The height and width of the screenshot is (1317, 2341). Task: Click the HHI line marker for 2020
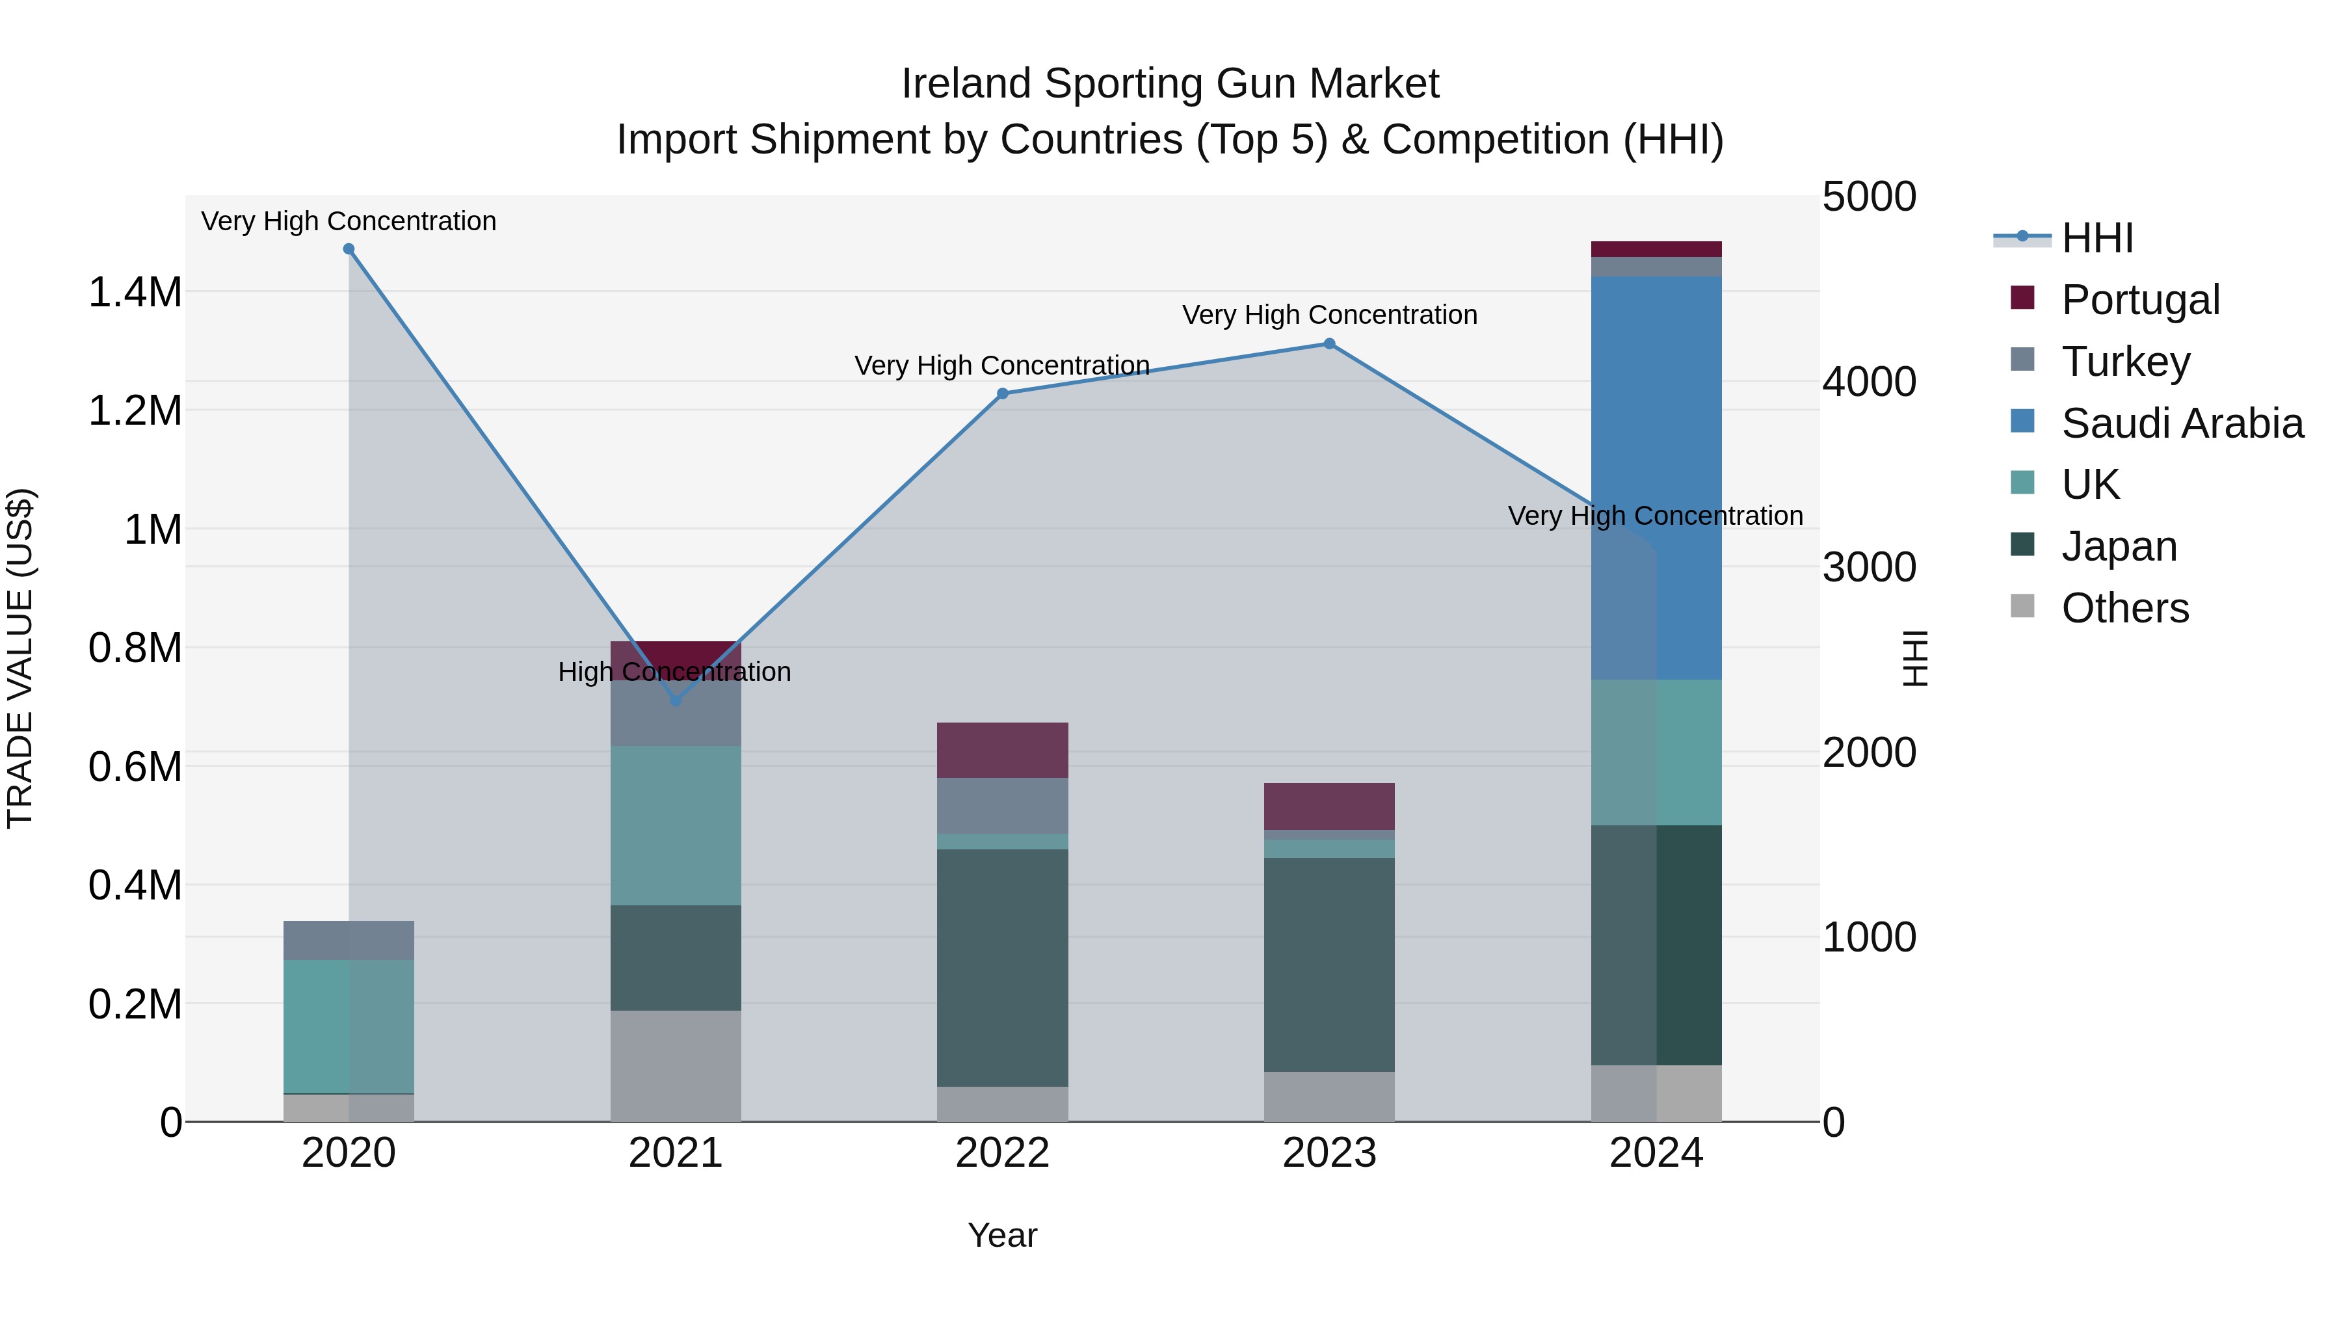pyautogui.click(x=349, y=249)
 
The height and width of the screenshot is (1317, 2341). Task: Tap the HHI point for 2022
pyautogui.click(x=1002, y=393)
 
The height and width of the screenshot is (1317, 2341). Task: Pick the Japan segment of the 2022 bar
pyautogui.click(x=1002, y=967)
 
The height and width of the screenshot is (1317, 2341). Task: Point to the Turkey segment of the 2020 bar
pyautogui.click(x=349, y=940)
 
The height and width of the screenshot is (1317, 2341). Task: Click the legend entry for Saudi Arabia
pyautogui.click(x=2181, y=423)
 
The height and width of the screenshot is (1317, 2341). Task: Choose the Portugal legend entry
pyautogui.click(x=2140, y=300)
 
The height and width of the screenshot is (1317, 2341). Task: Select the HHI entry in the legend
pyautogui.click(x=2097, y=238)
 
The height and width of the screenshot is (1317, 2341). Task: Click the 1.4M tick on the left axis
pyautogui.click(x=135, y=293)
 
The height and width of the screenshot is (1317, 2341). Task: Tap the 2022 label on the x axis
pyautogui.click(x=1002, y=1153)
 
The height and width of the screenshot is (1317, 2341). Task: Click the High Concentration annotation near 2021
pyautogui.click(x=674, y=672)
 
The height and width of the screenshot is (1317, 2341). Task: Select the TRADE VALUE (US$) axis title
pyautogui.click(x=20, y=658)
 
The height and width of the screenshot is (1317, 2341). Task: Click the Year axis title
pyautogui.click(x=1002, y=1235)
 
